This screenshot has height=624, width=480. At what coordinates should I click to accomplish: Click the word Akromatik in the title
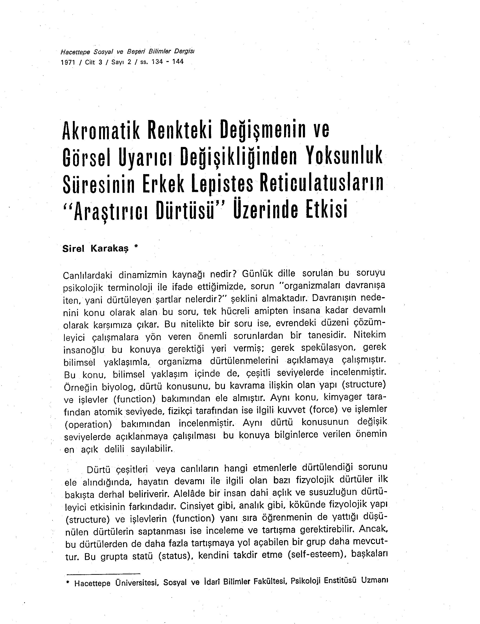(x=101, y=131)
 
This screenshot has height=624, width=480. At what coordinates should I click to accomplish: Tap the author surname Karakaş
(x=109, y=249)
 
